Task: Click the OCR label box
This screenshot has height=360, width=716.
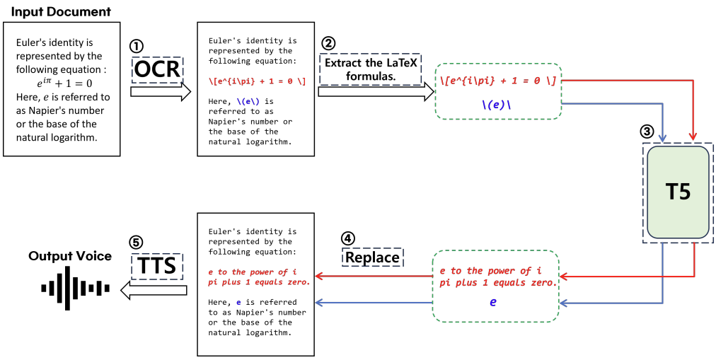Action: pyautogui.click(x=157, y=70)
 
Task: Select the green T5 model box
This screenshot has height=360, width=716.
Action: pyautogui.click(x=678, y=192)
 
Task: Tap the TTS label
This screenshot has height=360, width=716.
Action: pyautogui.click(x=157, y=266)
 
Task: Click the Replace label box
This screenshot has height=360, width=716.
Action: pyautogui.click(x=372, y=257)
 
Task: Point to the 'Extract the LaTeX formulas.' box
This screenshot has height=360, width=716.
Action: pyautogui.click(x=370, y=68)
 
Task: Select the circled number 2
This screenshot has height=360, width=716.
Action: pyautogui.click(x=328, y=42)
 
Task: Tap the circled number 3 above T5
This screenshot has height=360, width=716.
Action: pyautogui.click(x=647, y=132)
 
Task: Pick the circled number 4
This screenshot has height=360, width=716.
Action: pyautogui.click(x=348, y=238)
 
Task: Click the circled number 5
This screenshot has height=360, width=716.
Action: pyautogui.click(x=136, y=242)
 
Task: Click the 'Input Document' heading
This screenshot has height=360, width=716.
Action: pyautogui.click(x=61, y=12)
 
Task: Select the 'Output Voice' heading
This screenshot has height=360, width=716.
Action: pyautogui.click(x=70, y=256)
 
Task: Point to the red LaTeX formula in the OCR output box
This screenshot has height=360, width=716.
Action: pyautogui.click(x=257, y=81)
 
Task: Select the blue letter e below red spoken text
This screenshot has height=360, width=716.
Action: pyautogui.click(x=494, y=301)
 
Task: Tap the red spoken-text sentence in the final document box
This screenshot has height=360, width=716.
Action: pyautogui.click(x=258, y=277)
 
